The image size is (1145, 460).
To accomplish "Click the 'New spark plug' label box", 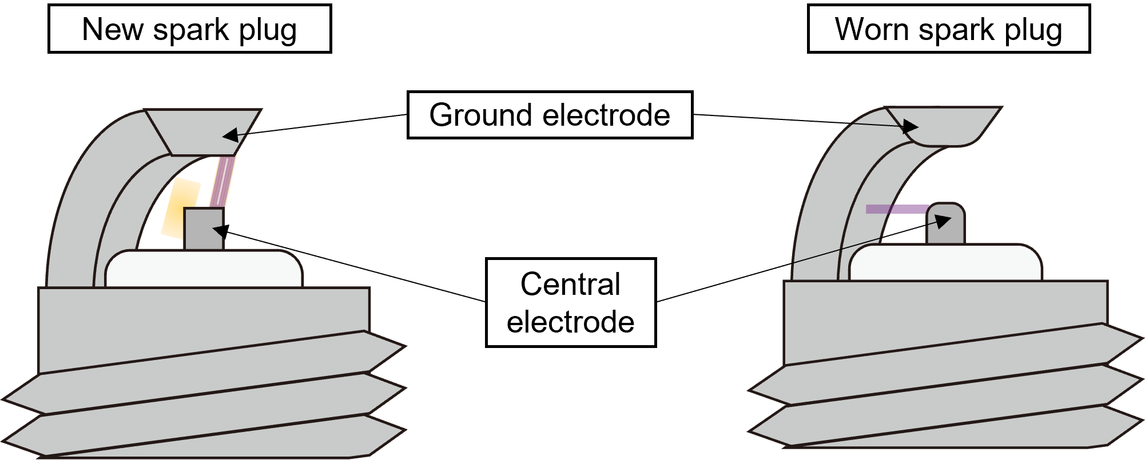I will [x=189, y=29].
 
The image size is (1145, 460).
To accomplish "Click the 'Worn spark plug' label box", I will [x=948, y=29].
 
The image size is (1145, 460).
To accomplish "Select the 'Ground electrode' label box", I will [x=550, y=115].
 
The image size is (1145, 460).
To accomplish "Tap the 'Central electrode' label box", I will [x=570, y=302].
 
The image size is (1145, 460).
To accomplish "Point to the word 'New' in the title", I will [x=112, y=29].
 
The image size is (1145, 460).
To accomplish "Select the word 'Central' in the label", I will [x=570, y=284].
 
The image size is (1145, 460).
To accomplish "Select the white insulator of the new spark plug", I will [x=204, y=269].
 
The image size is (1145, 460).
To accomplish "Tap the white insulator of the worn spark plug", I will [x=945, y=263].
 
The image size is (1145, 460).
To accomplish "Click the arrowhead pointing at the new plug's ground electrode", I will [x=229, y=135].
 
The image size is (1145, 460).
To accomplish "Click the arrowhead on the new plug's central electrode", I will [x=220, y=231].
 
